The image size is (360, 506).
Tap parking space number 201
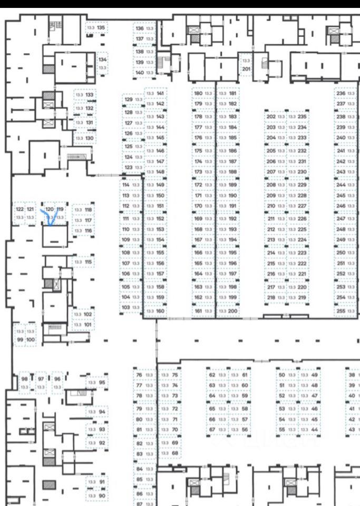click(x=246, y=65)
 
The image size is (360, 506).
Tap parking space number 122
click(x=20, y=212)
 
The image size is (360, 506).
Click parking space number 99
click(x=20, y=336)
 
